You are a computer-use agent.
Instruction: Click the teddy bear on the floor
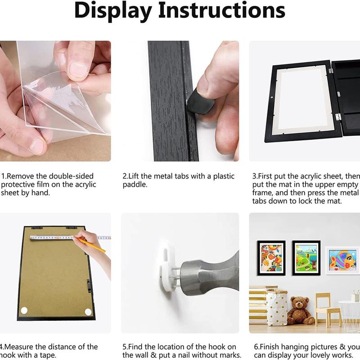[x=301, y=310]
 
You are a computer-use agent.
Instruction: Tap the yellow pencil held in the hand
[x=92, y=245]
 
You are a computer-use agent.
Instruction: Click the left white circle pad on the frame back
[x=24, y=310]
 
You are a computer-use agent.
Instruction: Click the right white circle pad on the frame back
[x=88, y=311]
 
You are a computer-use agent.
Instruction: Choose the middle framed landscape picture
[x=306, y=257]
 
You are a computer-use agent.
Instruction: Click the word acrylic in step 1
[x=83, y=184]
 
